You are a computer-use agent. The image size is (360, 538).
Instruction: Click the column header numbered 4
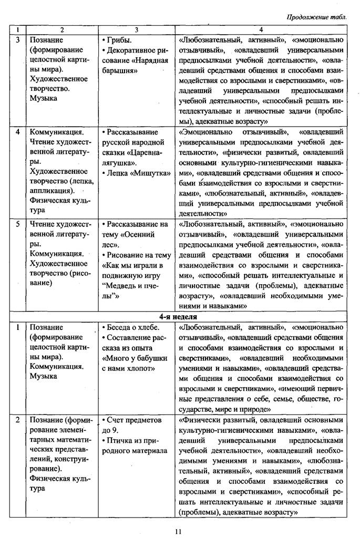point(261,30)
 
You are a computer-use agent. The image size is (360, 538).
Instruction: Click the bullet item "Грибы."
point(117,40)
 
